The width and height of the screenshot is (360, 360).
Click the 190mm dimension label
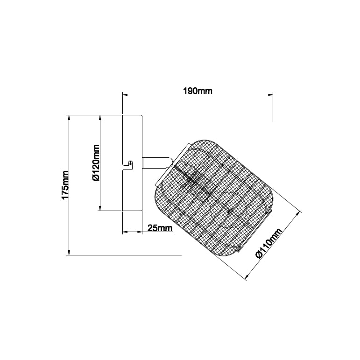(x=198, y=91)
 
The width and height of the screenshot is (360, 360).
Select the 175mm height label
(x=65, y=184)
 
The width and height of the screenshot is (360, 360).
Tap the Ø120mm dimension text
(x=96, y=163)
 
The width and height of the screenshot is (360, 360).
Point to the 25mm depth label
(x=160, y=228)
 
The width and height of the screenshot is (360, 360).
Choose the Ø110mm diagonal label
(x=268, y=243)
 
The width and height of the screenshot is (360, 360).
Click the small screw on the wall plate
(x=131, y=163)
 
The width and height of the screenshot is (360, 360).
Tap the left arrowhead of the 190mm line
(x=125, y=95)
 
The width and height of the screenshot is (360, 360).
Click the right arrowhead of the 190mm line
(x=271, y=95)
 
